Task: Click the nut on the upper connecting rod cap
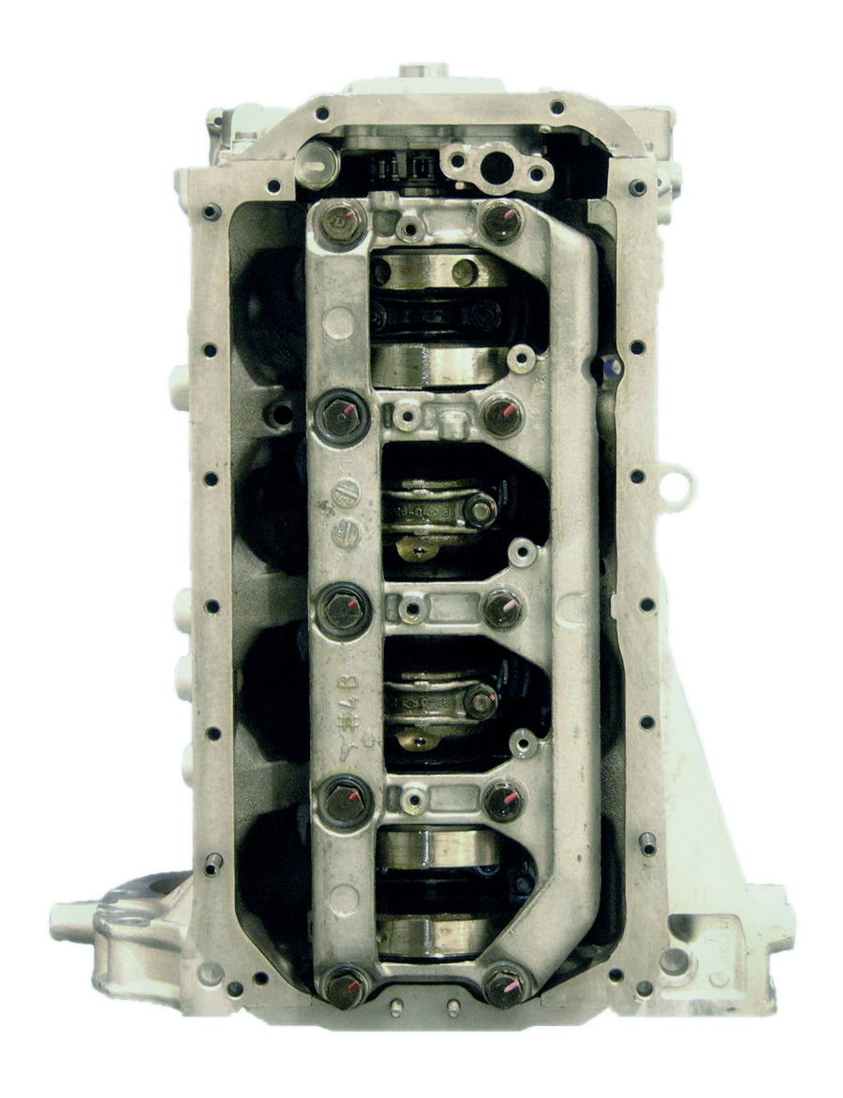click(x=481, y=509)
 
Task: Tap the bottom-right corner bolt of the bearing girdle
click(x=506, y=985)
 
